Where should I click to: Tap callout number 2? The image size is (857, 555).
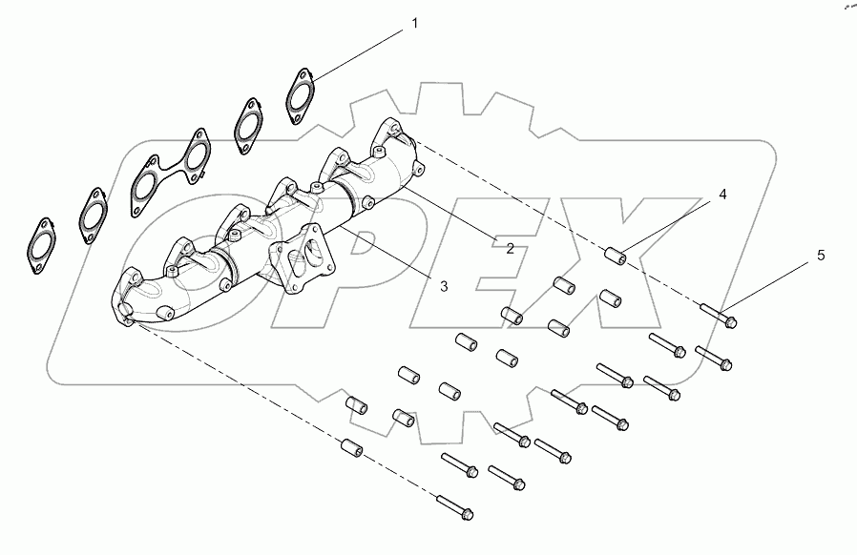pos(510,249)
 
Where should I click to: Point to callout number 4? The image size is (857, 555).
pos(722,195)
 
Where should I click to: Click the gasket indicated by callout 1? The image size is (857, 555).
pos(303,95)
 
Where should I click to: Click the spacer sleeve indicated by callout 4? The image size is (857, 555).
pos(617,256)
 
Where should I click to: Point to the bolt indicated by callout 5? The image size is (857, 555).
pos(719,316)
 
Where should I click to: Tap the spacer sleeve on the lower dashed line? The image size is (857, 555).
pos(349,446)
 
